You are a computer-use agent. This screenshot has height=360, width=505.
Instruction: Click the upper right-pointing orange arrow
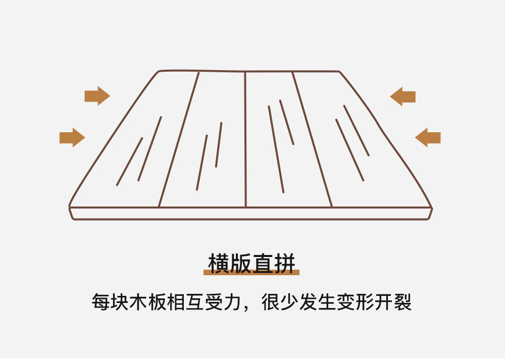tap(97, 96)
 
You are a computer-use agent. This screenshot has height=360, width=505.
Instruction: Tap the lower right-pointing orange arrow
tap(72, 137)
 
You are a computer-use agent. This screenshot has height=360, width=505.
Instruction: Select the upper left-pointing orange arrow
tap(403, 96)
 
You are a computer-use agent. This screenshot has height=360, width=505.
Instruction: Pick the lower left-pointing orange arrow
tap(428, 137)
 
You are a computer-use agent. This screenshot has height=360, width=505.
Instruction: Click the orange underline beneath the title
tap(251, 273)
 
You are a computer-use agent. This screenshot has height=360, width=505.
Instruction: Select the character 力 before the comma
tap(235, 302)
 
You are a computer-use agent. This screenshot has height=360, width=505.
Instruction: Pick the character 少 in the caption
tap(288, 302)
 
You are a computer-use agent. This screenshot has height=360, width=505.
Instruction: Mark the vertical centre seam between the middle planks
tap(245, 141)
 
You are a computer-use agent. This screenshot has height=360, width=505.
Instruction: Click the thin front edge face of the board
tap(250, 214)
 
